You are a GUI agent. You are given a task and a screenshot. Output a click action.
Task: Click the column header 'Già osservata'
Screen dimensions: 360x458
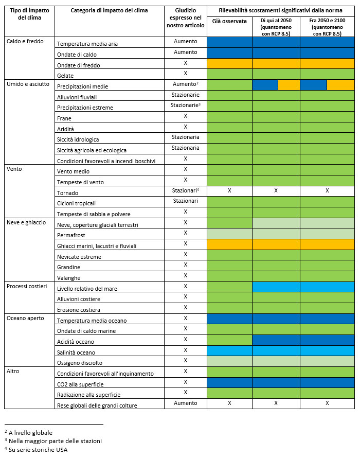(229, 21)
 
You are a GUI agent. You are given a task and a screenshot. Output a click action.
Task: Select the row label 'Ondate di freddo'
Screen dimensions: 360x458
(79, 65)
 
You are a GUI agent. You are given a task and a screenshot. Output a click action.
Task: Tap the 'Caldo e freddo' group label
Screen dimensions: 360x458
(25, 41)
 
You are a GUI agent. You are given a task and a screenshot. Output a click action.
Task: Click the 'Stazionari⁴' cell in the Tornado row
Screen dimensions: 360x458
(186, 190)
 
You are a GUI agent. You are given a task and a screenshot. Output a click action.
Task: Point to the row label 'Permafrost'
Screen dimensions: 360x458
(71, 235)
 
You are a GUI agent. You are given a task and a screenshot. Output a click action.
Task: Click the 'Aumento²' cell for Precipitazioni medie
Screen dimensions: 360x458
(186, 84)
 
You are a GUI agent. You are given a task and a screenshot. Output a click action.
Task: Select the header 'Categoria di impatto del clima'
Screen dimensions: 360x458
(109, 10)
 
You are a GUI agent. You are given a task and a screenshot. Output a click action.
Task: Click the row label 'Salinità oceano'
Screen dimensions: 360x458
(76, 353)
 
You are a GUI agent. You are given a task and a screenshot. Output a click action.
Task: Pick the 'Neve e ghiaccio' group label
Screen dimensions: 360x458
(26, 222)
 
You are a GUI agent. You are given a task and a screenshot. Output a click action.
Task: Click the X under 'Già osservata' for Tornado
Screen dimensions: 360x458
(229, 190)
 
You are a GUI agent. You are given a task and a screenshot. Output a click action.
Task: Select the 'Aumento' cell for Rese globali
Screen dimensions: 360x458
(186, 403)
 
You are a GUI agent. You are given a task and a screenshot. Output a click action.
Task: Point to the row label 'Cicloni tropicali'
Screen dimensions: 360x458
(76, 203)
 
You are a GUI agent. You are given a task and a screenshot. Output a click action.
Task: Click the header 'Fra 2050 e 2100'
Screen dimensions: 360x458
(327, 21)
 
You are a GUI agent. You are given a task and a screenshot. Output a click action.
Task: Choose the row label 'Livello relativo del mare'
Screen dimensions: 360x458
(87, 289)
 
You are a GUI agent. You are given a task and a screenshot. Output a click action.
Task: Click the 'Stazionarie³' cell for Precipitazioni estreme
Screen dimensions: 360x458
(186, 105)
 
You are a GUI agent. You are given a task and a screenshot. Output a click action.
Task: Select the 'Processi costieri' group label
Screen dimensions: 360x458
(27, 286)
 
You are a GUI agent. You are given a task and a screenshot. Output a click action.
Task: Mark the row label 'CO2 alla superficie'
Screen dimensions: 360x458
(80, 384)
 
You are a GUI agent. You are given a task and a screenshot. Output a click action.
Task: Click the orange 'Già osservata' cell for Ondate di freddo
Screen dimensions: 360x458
(229, 63)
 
